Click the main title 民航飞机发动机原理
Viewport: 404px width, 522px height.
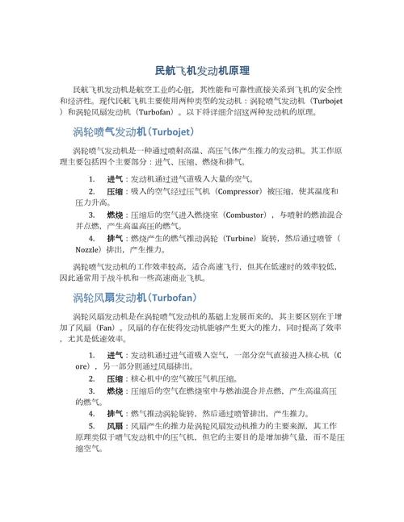(x=202, y=71)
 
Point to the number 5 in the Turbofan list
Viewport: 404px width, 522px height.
(x=91, y=424)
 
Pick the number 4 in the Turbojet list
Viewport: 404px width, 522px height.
(x=91, y=240)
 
